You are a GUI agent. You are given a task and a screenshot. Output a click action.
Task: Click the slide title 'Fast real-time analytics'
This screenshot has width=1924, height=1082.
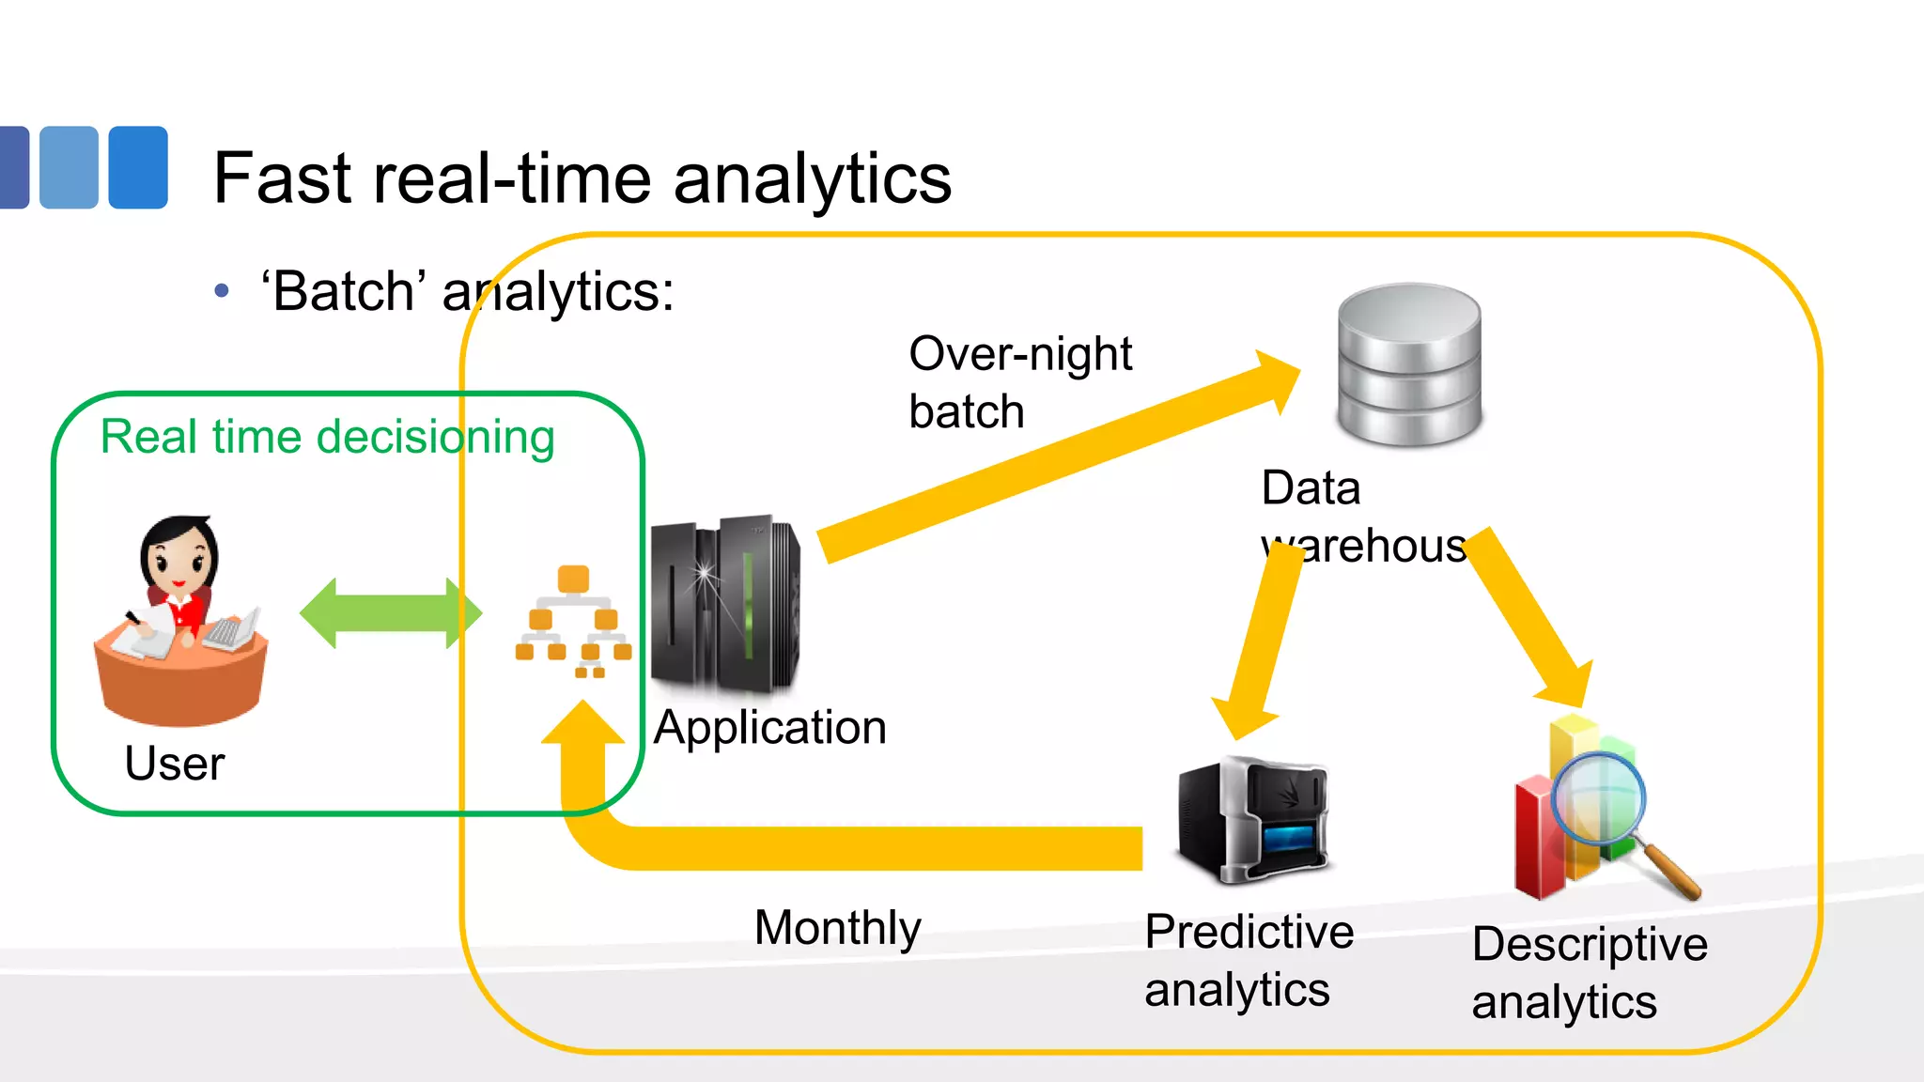582,178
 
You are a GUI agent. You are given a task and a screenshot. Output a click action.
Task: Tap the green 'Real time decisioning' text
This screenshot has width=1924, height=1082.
327,437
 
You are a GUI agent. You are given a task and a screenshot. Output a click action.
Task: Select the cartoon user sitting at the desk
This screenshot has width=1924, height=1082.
181,620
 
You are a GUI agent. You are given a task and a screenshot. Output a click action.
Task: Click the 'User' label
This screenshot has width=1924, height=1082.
175,763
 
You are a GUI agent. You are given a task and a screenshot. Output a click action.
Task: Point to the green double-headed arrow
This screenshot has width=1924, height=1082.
390,613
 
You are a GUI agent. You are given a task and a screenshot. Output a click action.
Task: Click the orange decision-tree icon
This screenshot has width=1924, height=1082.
573,622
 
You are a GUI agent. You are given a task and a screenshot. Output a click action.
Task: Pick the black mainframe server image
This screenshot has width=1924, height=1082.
724,606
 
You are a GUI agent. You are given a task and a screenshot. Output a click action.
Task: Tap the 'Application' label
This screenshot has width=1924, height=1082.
769,728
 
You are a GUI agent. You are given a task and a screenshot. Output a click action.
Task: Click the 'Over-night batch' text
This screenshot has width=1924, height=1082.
1019,381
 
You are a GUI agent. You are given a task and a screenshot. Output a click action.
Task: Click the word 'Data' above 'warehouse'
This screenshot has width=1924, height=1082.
1311,488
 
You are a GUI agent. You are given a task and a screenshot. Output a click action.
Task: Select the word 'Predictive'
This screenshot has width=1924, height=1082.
1249,933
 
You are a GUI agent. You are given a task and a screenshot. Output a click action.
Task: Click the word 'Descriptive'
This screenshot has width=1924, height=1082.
1590,944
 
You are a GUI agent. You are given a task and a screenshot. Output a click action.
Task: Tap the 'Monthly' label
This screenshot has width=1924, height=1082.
837,928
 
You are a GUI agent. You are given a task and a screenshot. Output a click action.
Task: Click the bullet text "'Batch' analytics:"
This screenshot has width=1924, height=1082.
467,291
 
